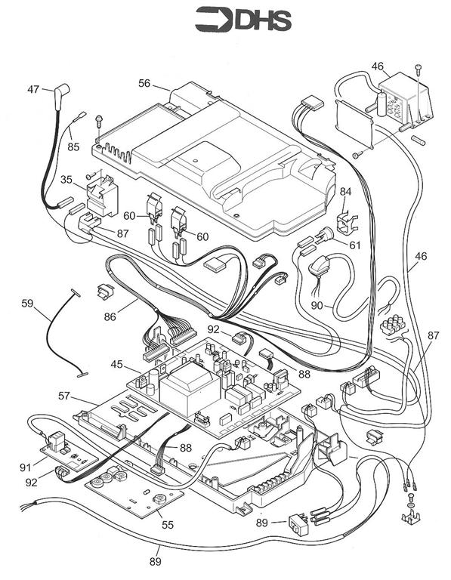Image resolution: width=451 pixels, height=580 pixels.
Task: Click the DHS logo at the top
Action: pyautogui.click(x=243, y=19)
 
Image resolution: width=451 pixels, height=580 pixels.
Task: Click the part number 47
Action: pyautogui.click(x=33, y=90)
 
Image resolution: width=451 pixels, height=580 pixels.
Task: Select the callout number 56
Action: pyautogui.click(x=144, y=84)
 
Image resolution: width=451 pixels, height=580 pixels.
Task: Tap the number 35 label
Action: pyautogui.click(x=66, y=180)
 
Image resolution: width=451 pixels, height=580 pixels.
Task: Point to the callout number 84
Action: pyautogui.click(x=345, y=192)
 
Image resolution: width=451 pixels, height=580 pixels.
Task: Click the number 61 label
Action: pyautogui.click(x=355, y=245)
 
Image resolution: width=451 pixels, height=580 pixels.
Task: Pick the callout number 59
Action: pyautogui.click(x=27, y=304)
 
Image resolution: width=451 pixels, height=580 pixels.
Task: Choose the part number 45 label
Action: pyautogui.click(x=116, y=364)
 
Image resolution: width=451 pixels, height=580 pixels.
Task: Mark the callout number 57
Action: pyautogui.click(x=64, y=396)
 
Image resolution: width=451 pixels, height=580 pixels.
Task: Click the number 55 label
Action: pyautogui.click(x=168, y=525)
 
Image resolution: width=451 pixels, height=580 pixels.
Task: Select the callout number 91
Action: pyautogui.click(x=25, y=467)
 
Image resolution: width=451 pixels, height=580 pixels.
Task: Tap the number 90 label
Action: pyautogui.click(x=317, y=306)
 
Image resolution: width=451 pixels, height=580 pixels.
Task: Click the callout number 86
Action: pyautogui.click(x=110, y=316)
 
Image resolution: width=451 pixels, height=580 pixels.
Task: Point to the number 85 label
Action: pyautogui.click(x=73, y=147)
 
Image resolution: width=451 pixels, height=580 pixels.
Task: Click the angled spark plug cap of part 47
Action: pyautogui.click(x=61, y=94)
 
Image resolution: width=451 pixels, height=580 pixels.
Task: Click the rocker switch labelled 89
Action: pyautogui.click(x=298, y=523)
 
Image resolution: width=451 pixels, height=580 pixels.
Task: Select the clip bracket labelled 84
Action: pyautogui.click(x=348, y=224)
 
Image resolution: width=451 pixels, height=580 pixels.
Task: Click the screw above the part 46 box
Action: pyautogui.click(x=418, y=69)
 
